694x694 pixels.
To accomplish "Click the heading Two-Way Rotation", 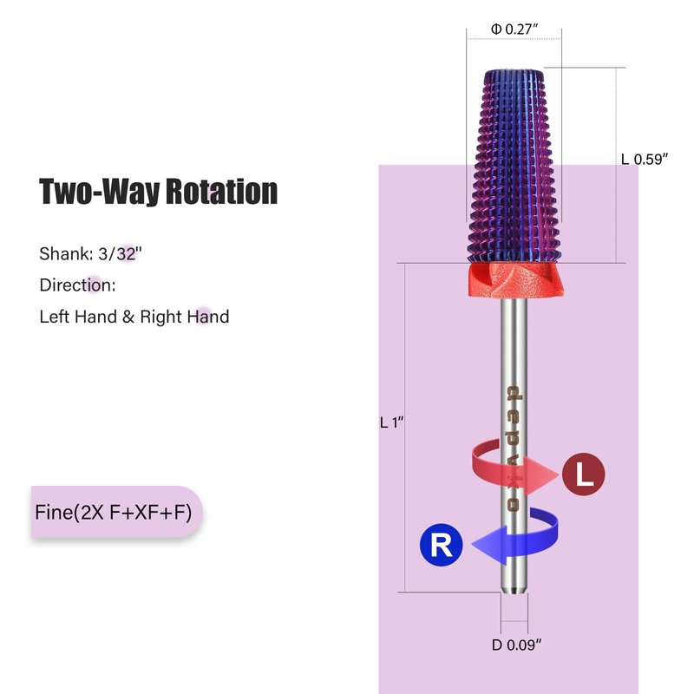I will (158, 191).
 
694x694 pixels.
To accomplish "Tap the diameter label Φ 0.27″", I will (515, 29).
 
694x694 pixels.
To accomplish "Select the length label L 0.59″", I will (645, 159).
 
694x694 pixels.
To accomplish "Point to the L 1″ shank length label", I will (393, 422).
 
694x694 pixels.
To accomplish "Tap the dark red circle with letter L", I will (583, 475).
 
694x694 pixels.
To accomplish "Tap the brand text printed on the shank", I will (514, 448).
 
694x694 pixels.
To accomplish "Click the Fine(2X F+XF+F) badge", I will (116, 511).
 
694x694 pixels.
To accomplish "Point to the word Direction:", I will (77, 285).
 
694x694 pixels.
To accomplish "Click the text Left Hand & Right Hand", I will (134, 317).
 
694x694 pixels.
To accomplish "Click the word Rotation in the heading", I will (223, 191).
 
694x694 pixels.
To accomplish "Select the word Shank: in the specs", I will (64, 254).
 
